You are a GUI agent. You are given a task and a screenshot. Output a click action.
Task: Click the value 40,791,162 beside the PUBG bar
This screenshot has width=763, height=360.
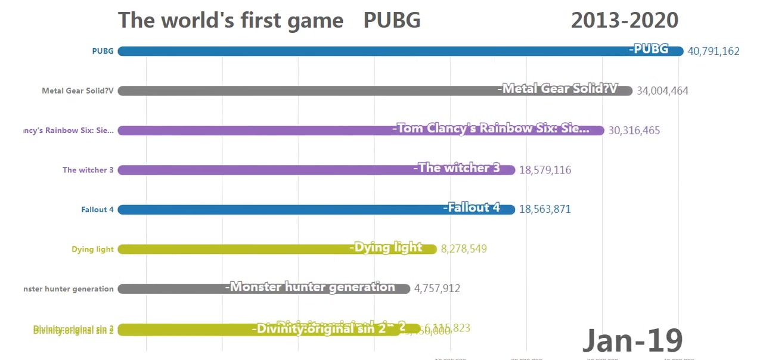tap(713, 51)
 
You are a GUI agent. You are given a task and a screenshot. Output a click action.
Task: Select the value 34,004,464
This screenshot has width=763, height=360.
tap(662, 91)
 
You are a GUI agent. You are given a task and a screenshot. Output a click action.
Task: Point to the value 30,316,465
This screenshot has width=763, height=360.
tap(634, 131)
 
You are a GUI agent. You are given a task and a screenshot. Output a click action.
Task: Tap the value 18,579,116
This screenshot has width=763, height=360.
tap(545, 170)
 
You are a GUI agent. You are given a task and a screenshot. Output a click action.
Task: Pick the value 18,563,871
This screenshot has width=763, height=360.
tap(545, 209)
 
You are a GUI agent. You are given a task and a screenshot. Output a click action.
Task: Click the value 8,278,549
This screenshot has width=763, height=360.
tap(464, 249)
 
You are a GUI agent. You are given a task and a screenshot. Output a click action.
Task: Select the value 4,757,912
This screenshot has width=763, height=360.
tap(437, 288)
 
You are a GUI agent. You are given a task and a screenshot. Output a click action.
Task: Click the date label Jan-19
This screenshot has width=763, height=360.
tap(632, 340)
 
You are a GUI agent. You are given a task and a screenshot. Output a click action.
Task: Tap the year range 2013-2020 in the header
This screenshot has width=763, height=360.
tap(624, 20)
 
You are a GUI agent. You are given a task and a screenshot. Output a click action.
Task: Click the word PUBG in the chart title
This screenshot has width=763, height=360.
tap(392, 20)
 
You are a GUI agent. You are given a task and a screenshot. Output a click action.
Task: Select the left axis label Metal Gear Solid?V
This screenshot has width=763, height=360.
tap(77, 91)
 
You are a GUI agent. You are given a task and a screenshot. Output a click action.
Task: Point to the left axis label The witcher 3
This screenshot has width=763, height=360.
tap(88, 170)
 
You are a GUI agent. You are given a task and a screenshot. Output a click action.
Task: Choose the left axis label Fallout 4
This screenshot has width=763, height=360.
tap(97, 209)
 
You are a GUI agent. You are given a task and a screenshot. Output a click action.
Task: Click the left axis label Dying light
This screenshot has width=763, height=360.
tap(92, 249)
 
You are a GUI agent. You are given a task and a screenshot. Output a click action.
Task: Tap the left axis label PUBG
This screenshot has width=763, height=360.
tap(103, 51)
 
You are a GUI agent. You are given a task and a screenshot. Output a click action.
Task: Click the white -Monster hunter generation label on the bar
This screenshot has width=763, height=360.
tap(310, 287)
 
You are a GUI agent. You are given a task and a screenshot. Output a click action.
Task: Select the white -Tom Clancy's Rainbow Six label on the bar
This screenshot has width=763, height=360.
tap(491, 128)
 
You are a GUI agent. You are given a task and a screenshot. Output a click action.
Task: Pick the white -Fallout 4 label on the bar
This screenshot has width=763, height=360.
tap(472, 207)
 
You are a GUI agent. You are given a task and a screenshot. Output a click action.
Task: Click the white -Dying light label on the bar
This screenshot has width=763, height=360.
tap(386, 247)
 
